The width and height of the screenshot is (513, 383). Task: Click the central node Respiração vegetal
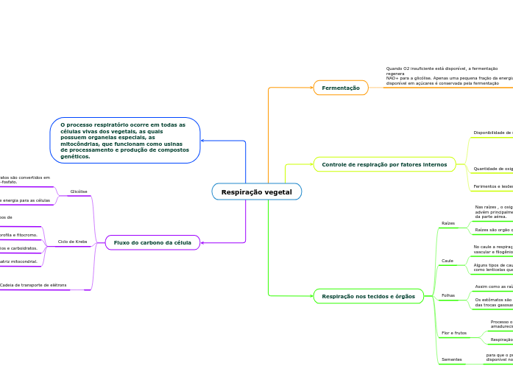(256, 192)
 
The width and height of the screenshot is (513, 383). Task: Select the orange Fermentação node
(341, 88)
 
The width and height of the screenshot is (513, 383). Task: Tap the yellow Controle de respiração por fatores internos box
(384, 164)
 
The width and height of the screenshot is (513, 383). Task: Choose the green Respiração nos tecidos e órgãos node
(368, 297)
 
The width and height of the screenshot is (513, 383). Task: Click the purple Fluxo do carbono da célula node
(152, 242)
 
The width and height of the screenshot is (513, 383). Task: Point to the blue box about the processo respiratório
(125, 141)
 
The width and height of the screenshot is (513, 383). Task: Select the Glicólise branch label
(79, 191)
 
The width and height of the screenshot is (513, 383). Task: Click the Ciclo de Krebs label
(72, 242)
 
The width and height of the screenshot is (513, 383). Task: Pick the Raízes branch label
(448, 223)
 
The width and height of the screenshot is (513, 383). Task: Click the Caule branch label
(447, 261)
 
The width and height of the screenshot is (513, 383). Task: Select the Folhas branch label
(448, 295)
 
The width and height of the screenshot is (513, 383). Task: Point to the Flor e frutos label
(454, 333)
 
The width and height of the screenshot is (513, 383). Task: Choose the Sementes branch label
(452, 359)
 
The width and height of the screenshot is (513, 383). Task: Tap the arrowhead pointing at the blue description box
(203, 141)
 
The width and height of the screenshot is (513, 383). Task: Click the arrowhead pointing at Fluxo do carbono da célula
(203, 242)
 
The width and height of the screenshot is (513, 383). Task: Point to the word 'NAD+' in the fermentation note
(392, 78)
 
